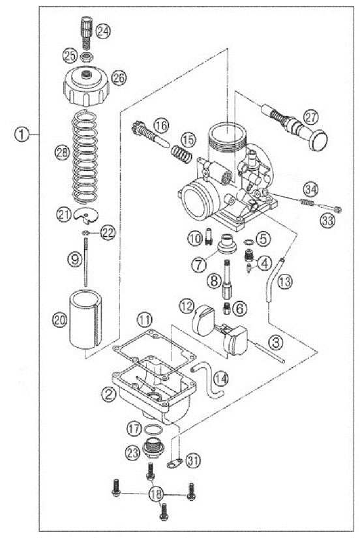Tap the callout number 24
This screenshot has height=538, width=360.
click(x=103, y=31)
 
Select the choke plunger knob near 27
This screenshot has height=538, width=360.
click(x=320, y=142)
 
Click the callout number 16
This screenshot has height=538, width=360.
click(x=161, y=123)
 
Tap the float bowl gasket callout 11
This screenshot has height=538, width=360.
click(x=145, y=319)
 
